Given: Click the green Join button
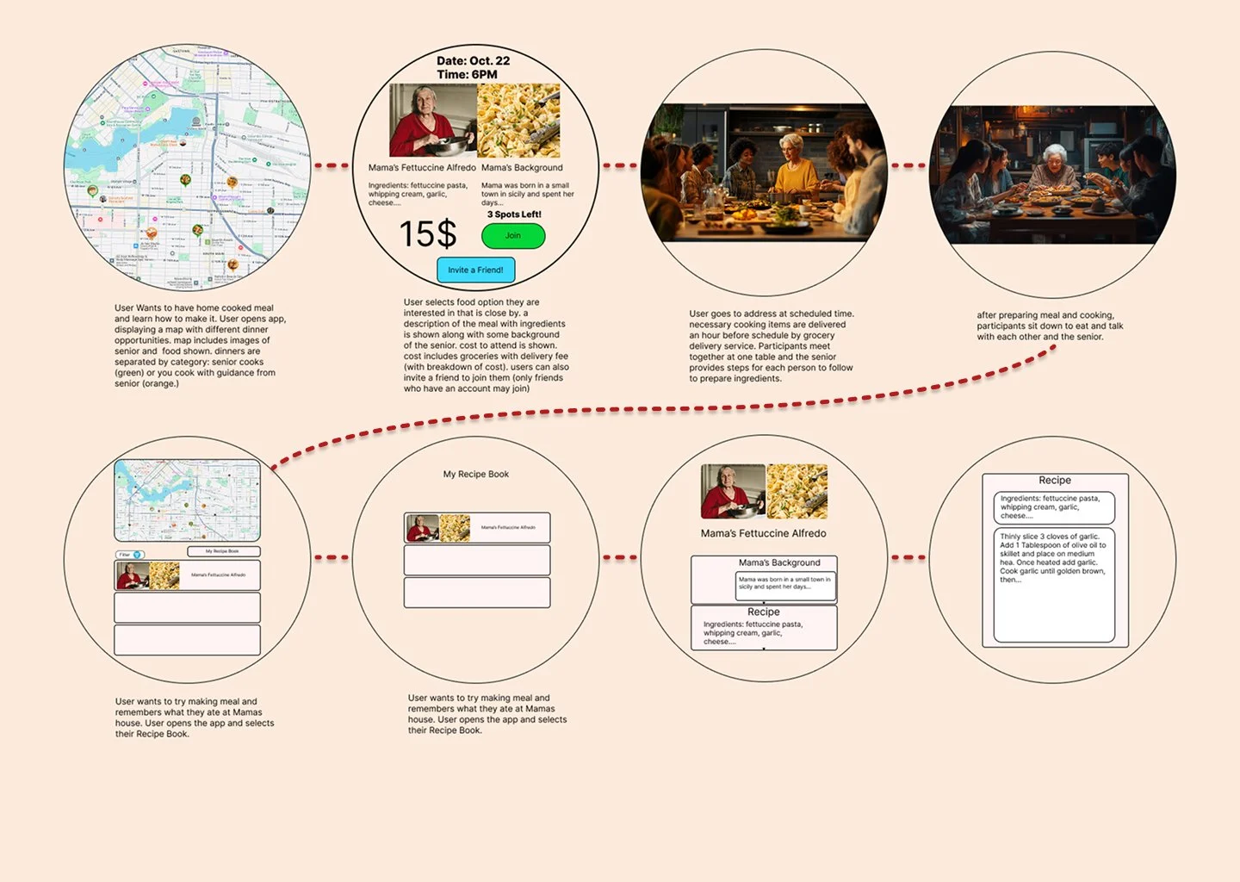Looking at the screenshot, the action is [513, 236].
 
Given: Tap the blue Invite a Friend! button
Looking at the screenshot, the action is [475, 270].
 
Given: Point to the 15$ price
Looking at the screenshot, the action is [428, 234].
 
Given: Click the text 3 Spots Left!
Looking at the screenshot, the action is [514, 214].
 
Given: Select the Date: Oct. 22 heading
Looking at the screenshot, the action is [473, 60].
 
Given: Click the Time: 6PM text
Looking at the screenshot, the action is [467, 75].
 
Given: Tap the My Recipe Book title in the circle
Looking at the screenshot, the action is [475, 474].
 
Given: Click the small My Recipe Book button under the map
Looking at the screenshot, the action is [223, 551].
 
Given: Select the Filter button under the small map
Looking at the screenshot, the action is [130, 555].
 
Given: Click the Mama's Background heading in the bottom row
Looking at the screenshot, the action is [779, 562].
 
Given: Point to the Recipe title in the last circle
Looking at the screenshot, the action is [1055, 481].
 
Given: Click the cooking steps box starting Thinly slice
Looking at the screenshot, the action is [1054, 586].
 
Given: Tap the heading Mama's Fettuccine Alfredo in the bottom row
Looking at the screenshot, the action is [763, 533].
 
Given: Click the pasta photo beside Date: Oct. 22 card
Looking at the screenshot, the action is [518, 121].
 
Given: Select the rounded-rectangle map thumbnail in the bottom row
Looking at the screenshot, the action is [187, 500].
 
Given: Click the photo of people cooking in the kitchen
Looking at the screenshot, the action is [764, 172].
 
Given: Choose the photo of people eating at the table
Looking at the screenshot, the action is [1053, 174].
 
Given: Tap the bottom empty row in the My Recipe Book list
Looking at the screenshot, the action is [476, 593].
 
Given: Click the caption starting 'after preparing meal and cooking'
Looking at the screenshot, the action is [1050, 326].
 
